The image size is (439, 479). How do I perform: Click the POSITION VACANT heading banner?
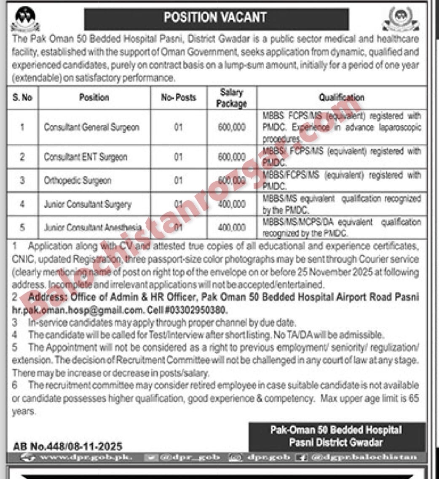(216, 18)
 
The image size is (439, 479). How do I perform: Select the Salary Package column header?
(231, 98)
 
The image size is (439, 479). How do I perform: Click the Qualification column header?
(341, 98)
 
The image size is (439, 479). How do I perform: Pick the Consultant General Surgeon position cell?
(91, 127)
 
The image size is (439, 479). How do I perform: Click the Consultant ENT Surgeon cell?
(86, 157)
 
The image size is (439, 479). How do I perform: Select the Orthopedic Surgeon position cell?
(78, 180)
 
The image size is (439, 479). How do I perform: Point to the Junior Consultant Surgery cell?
(88, 204)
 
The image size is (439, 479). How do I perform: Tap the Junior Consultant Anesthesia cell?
(93, 228)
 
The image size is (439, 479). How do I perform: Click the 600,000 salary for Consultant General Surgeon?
(232, 127)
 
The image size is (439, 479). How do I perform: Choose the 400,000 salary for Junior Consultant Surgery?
(232, 204)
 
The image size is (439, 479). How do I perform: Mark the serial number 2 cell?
(22, 157)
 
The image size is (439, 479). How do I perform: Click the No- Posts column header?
(179, 98)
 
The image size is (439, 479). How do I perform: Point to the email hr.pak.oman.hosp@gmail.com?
(78, 310)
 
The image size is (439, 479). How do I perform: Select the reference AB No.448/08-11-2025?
(68, 446)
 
